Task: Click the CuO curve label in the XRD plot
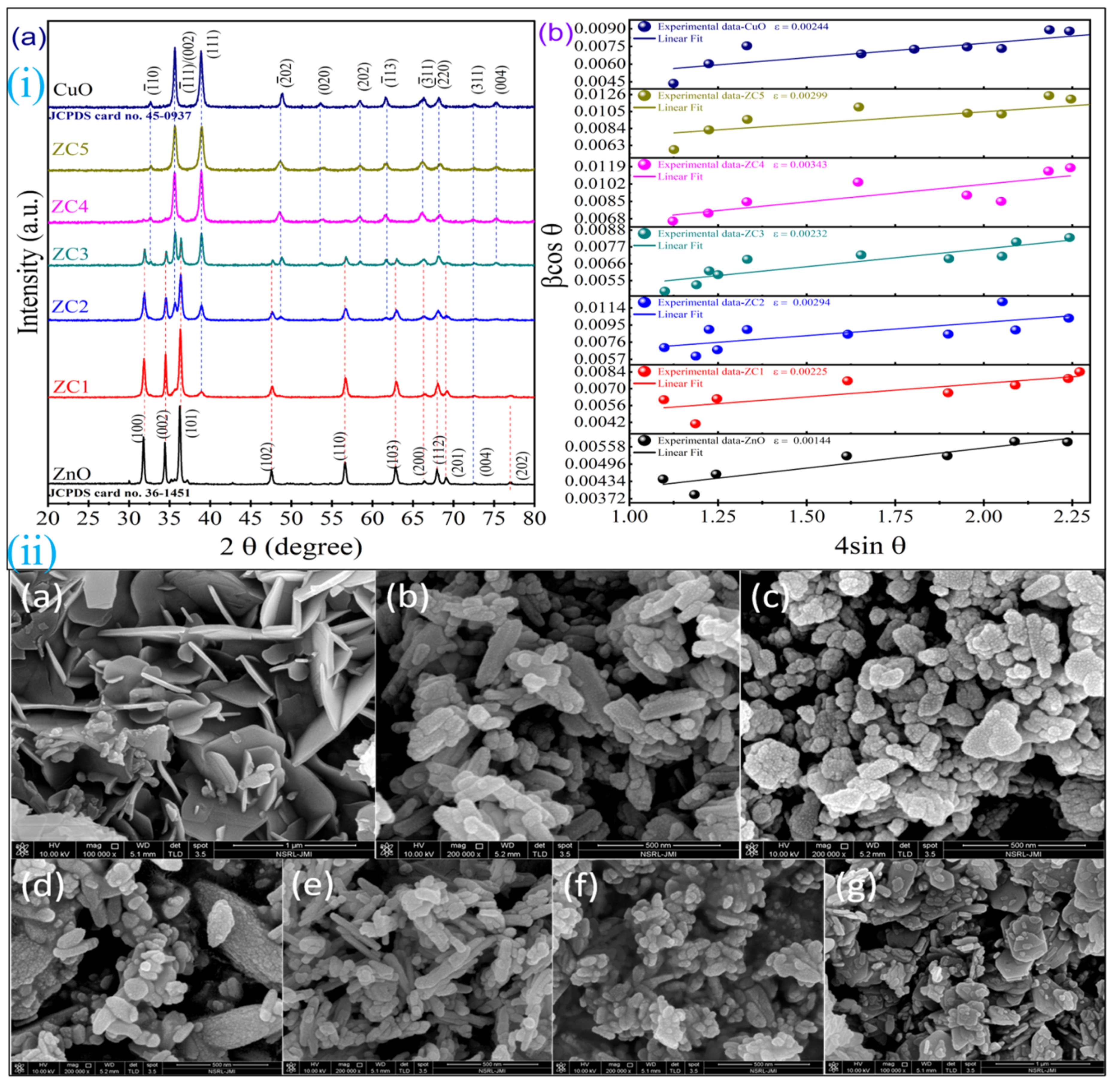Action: (72, 90)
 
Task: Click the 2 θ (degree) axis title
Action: (291, 547)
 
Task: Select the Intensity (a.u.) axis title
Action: (28, 263)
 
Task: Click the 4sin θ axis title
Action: (870, 546)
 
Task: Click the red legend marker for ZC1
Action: (644, 371)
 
